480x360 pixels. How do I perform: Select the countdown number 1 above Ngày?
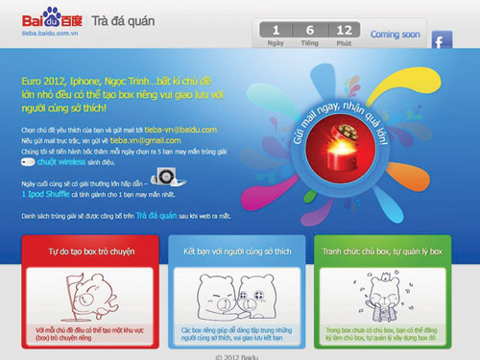click(x=276, y=30)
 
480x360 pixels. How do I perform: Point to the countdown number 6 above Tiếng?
click(x=309, y=30)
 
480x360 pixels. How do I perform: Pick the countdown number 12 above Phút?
click(x=343, y=30)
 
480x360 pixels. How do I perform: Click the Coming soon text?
click(x=396, y=35)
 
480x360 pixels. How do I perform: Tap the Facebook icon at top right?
click(x=441, y=40)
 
